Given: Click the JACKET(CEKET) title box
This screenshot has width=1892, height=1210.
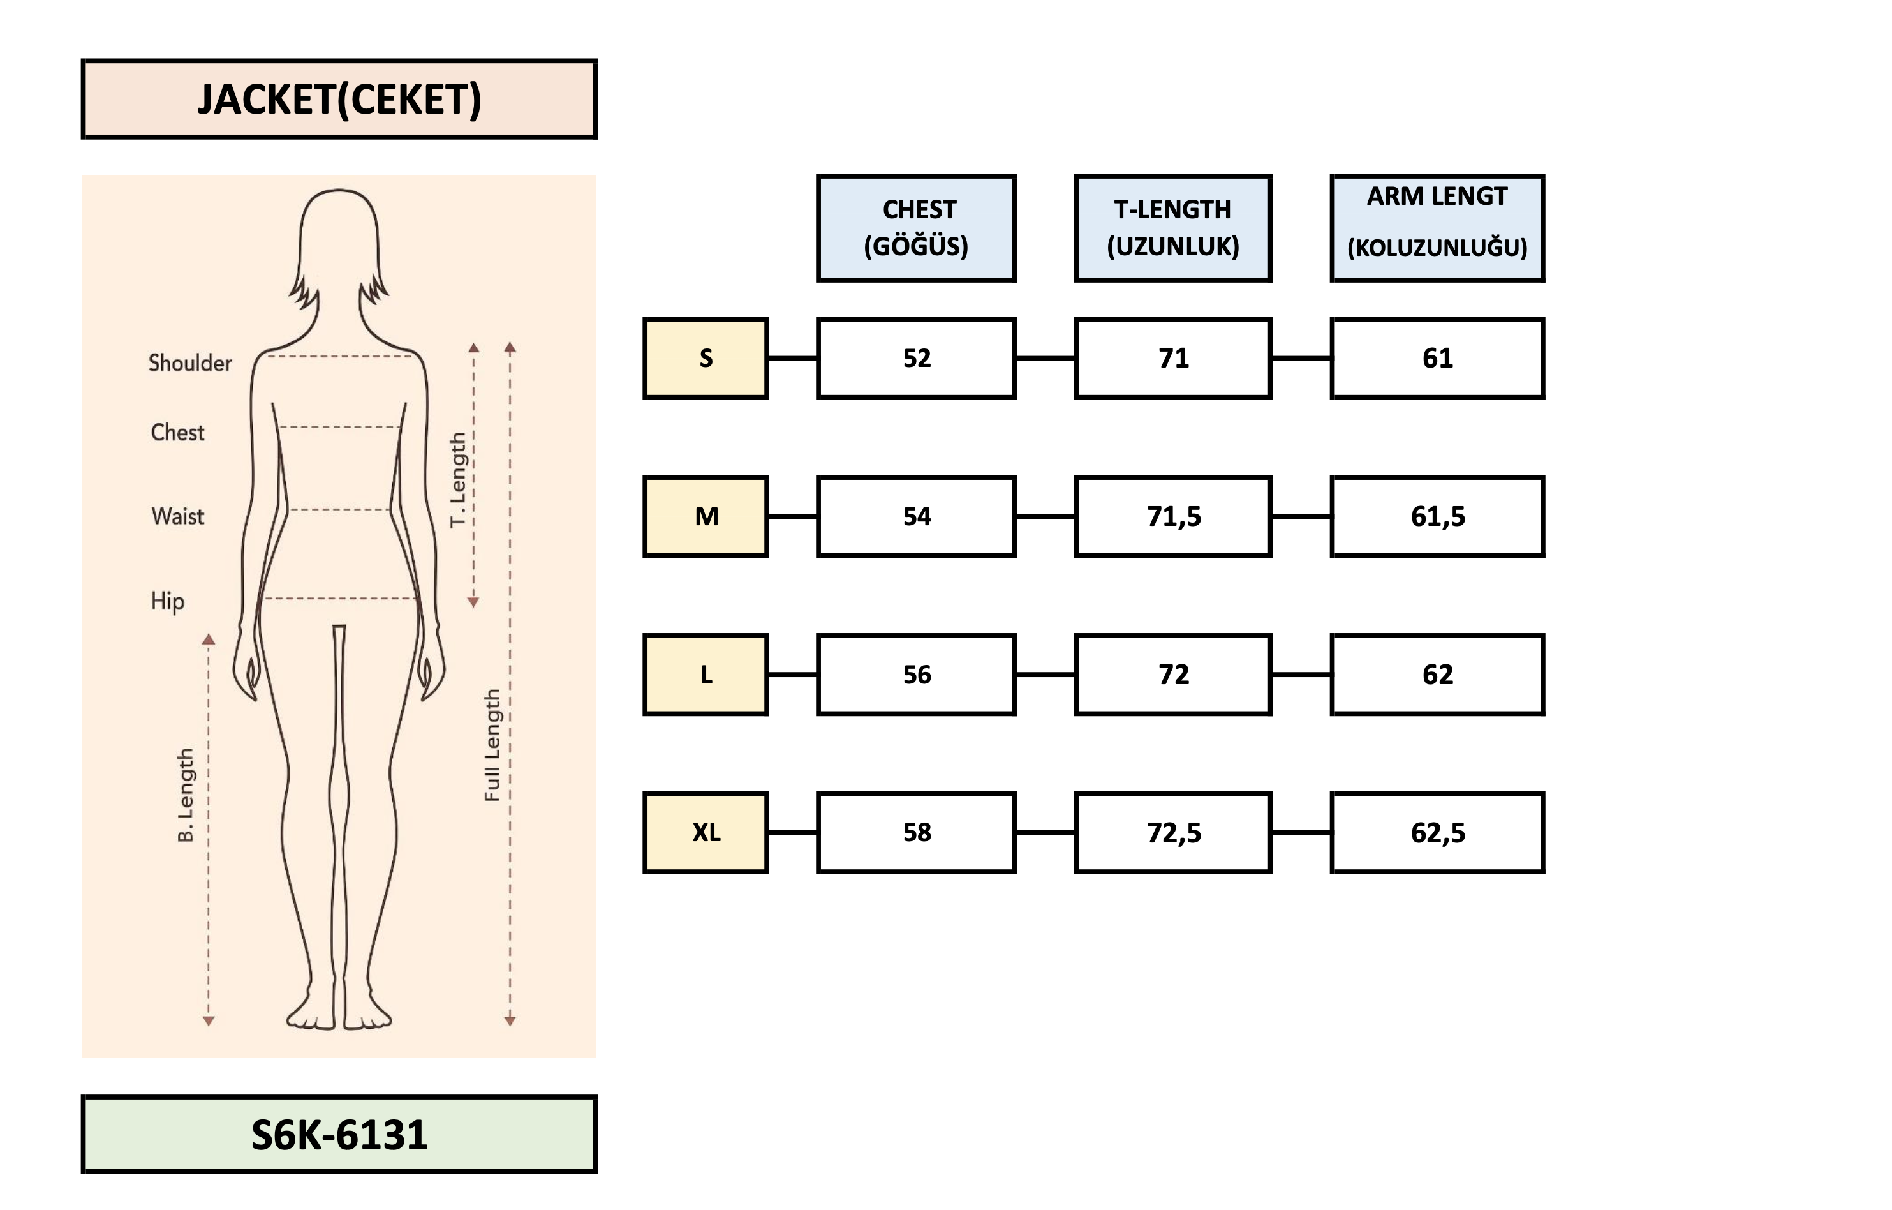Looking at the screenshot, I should click(339, 99).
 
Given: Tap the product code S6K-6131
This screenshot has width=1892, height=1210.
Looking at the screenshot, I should click(339, 1135).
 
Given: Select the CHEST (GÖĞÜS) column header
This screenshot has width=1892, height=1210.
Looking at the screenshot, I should click(916, 228).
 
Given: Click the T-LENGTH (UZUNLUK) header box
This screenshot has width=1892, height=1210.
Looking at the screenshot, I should click(1173, 228).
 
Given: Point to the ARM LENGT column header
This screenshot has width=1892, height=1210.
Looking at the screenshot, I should click(1437, 228).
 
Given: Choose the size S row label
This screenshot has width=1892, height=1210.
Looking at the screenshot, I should click(706, 359).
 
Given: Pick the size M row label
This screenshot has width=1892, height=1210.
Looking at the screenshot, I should click(706, 516).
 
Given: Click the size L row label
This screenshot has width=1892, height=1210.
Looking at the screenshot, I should click(706, 675).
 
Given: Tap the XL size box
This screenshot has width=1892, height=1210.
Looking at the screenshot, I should click(706, 833).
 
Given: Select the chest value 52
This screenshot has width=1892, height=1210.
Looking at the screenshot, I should click(916, 359).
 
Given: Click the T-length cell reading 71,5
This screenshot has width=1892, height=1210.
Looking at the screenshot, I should click(1173, 516).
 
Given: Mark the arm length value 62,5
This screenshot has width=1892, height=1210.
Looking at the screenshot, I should click(1437, 833).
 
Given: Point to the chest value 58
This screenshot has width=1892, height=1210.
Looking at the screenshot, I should click(916, 833).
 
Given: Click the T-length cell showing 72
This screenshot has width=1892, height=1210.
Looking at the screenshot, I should click(1173, 675).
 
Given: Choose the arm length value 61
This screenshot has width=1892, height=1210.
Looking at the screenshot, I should click(1437, 359).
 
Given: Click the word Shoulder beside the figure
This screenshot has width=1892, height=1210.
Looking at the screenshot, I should click(190, 363).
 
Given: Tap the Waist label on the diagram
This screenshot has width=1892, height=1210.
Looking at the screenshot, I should click(177, 516).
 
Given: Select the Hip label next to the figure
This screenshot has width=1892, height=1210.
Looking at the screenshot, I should click(167, 601).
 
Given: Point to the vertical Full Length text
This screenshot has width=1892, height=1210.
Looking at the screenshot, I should click(492, 745).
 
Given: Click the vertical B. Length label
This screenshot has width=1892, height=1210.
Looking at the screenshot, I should click(186, 795).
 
